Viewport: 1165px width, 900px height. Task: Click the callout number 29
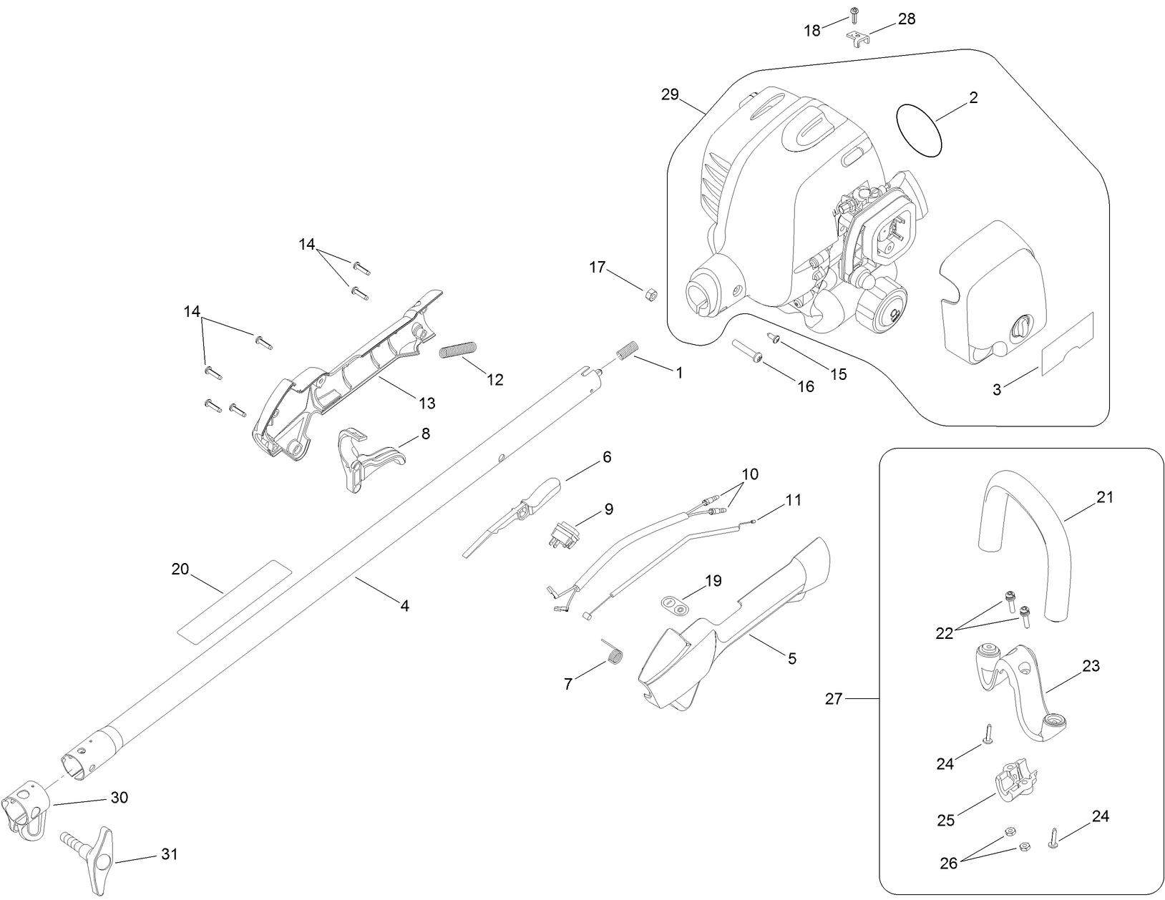point(670,94)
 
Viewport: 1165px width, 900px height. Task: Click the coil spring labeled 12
point(458,351)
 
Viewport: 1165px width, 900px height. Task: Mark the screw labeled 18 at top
point(854,14)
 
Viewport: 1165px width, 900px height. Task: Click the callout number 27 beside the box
point(834,698)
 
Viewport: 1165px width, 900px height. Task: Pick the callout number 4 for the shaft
point(404,605)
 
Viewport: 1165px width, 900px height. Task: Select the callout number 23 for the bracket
point(1091,666)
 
